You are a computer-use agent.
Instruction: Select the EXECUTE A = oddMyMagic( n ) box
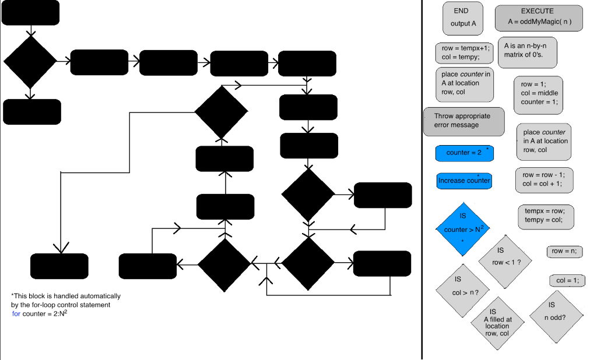[538, 17]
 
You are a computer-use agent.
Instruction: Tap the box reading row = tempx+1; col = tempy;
[465, 53]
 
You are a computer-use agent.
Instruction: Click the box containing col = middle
[538, 94]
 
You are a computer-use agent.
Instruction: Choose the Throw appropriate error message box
[465, 121]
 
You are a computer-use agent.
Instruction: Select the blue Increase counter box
[464, 181]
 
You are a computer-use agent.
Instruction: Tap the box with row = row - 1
[544, 179]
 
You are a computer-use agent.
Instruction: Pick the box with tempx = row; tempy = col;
[545, 216]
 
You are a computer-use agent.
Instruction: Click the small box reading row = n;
[564, 251]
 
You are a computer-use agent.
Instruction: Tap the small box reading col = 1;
[567, 280]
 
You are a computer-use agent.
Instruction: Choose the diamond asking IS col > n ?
[461, 289]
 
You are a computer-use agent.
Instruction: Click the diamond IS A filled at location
[496, 323]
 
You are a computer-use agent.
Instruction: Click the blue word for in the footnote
[16, 313]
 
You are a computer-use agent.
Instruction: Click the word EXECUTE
[537, 11]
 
